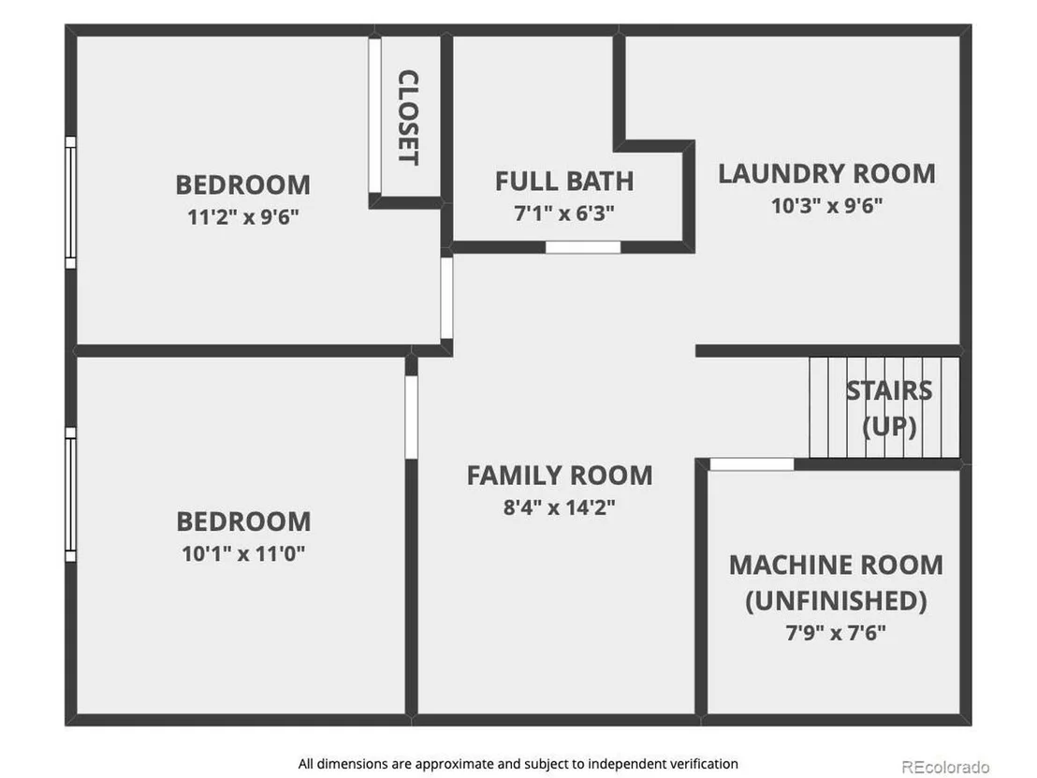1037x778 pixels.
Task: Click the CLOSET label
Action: coord(408,118)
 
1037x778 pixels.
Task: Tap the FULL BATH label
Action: coord(564,182)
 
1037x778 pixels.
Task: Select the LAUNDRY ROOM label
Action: coord(826,173)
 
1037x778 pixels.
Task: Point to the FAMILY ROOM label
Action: coord(560,475)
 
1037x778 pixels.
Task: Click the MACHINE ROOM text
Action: coord(836,565)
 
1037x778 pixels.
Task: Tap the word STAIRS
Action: coord(889,390)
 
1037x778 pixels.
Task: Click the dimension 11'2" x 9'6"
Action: coord(243,216)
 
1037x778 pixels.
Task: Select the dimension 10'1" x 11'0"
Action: coord(243,553)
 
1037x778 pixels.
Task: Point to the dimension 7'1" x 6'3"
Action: coord(564,213)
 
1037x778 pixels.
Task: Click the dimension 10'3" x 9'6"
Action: coord(826,205)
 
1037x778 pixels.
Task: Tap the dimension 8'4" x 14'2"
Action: coord(560,506)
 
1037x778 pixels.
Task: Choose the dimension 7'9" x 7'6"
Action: coord(836,633)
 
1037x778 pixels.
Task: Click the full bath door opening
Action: coord(583,247)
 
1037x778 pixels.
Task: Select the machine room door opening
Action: coord(752,463)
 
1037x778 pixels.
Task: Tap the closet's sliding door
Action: coord(374,115)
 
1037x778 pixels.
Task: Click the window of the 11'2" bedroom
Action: coord(70,202)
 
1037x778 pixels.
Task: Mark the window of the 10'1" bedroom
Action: coord(70,494)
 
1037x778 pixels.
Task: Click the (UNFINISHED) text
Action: coord(836,601)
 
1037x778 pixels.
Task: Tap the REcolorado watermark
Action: coord(945,767)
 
